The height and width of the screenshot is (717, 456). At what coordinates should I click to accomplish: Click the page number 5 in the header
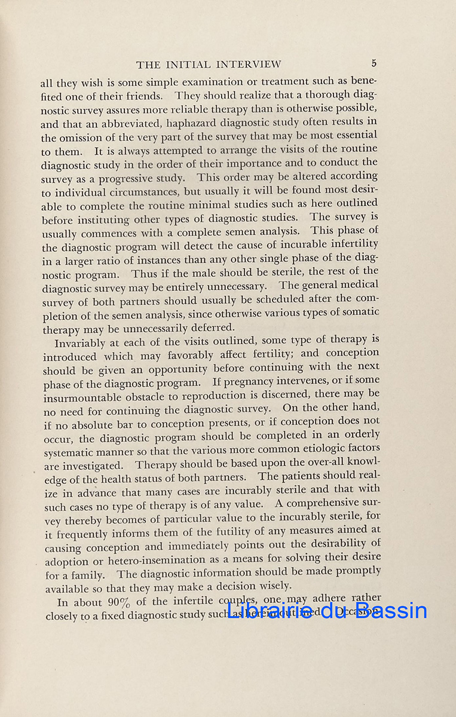point(374,63)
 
